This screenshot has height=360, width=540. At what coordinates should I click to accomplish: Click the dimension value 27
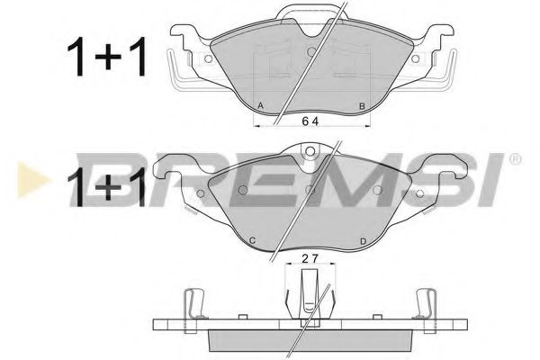pos(309,259)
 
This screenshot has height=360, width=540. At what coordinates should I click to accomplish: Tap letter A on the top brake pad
pos(261,107)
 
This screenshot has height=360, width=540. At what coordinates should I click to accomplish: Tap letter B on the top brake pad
pos(361,107)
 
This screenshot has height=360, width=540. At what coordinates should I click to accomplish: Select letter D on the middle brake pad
pos(363,240)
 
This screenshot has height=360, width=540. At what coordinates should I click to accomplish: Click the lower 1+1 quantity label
pos(105,186)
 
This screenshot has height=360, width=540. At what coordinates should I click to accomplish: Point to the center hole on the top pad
pos(310,52)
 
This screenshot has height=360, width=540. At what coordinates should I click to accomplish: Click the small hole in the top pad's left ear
pos(209,59)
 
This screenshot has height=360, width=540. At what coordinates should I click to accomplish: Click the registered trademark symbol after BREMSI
pos(515,160)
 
